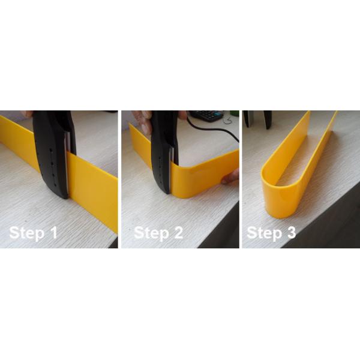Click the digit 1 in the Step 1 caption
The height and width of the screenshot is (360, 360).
54,233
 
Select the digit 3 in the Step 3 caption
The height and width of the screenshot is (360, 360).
290,233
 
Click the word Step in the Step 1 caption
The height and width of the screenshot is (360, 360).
27,233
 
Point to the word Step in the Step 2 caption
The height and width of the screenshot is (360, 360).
151,233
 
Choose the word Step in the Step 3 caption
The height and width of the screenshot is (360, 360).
264,233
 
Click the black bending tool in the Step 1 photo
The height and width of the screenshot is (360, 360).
54,154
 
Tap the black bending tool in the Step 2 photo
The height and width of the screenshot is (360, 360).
164,152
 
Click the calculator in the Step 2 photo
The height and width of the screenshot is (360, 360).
206,115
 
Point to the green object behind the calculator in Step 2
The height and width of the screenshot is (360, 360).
234,113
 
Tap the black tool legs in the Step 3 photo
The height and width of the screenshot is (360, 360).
258,119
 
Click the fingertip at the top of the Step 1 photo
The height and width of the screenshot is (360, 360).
27,114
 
